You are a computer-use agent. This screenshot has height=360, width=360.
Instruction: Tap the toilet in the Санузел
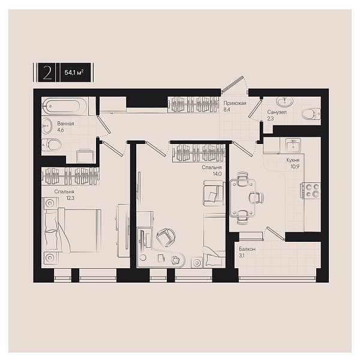311,114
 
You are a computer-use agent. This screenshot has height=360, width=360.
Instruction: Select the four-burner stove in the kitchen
311,191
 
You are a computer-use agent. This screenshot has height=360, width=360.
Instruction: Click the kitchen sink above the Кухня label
293,145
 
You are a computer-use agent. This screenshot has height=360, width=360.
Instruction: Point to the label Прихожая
235,103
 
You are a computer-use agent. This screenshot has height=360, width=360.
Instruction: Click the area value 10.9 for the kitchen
295,166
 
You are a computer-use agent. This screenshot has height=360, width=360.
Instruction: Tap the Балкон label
247,249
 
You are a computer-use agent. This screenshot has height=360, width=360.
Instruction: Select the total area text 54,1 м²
74,73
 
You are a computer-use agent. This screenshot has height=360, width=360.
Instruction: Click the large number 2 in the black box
47,73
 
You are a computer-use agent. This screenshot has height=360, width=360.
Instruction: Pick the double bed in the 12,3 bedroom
73,230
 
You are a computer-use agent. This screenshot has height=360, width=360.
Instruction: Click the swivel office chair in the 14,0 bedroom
166,238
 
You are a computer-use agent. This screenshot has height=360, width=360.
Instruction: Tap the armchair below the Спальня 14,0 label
214,193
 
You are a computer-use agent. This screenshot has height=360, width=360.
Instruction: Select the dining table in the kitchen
243,198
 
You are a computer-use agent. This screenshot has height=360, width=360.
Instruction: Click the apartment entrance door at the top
233,83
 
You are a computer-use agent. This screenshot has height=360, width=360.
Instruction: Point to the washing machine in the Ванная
85,157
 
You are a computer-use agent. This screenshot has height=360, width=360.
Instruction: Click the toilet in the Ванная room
52,145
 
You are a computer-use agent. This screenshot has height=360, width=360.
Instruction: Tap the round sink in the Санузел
285,101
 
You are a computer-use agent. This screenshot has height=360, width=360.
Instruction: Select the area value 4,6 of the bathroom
61,130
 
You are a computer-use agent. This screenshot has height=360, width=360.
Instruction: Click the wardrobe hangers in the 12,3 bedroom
70,176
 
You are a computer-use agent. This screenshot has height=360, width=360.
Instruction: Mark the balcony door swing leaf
275,233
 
